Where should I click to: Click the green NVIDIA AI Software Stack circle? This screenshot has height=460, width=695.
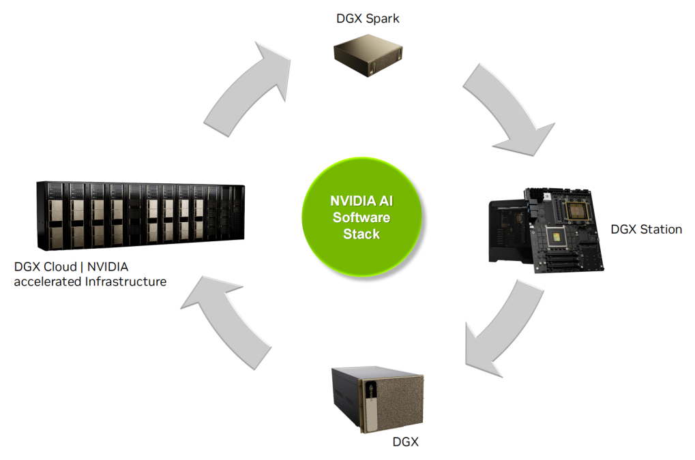tap(361, 217)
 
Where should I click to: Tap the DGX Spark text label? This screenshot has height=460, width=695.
tap(368, 19)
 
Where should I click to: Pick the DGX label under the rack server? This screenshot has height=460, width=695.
tap(405, 442)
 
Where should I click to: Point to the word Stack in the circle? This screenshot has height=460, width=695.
tap(361, 234)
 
